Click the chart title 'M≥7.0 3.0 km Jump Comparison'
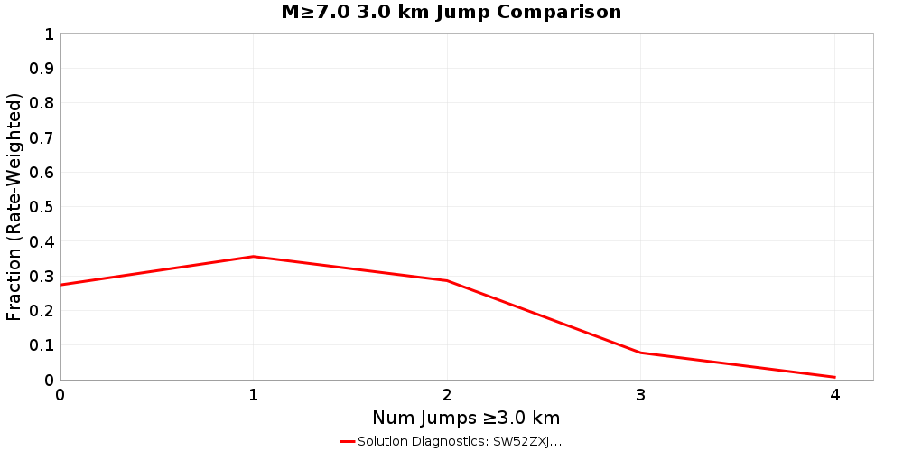pos(451,12)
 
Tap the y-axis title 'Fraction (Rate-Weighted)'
pos(14,206)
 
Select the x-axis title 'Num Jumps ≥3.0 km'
pos(466,418)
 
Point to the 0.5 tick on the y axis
pos(42,207)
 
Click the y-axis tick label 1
pos(49,34)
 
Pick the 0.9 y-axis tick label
pos(42,69)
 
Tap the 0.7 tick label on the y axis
pos(42,137)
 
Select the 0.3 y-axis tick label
pos(42,276)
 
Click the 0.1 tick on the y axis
pos(42,345)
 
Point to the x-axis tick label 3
pos(641,395)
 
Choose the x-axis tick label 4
pos(835,395)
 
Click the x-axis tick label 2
pos(447,395)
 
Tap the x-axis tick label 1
pos(254,395)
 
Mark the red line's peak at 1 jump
pos(254,257)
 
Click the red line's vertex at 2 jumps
pos(447,281)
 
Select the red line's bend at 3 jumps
pos(641,353)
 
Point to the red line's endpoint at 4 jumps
pos(835,377)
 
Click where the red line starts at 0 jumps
pos(61,285)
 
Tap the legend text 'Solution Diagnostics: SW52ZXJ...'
pos(460,442)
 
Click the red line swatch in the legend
pos(348,442)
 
